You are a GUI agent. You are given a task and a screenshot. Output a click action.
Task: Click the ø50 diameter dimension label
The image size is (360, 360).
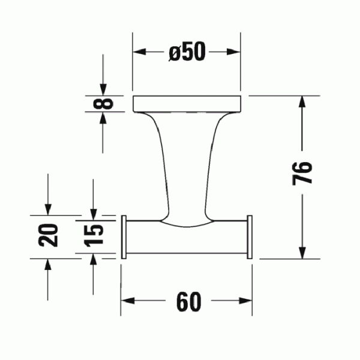click(x=187, y=53)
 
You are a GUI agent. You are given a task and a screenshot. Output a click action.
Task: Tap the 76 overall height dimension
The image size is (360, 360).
click(x=304, y=175)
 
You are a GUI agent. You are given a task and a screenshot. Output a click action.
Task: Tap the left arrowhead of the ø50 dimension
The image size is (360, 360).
click(x=139, y=53)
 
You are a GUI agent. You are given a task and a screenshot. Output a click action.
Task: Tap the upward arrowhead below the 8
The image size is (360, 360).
click(x=104, y=119)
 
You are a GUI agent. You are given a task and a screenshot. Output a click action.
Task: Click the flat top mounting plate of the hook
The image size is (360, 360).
click(x=187, y=103)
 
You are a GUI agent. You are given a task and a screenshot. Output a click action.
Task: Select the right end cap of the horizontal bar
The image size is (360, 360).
click(x=250, y=237)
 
